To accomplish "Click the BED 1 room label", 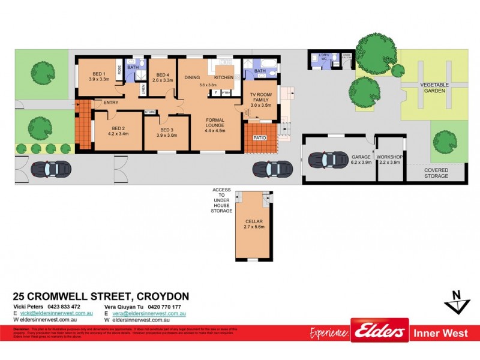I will click(99, 76).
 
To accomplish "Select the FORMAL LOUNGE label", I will click(214, 125).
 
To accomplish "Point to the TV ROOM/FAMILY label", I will click(260, 100).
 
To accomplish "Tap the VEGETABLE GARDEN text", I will click(434, 88).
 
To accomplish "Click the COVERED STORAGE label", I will click(436, 173).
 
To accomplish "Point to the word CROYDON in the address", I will click(163, 296).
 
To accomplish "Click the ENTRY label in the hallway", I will click(111, 103).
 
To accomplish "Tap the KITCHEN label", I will click(223, 78).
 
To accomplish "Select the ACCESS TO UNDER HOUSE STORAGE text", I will click(221, 200).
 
